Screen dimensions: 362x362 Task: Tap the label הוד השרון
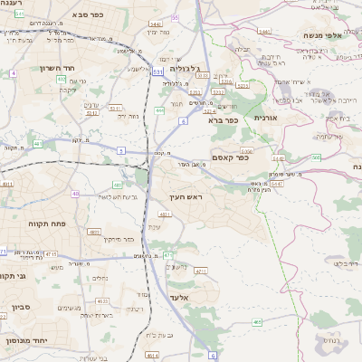[x=50, y=68]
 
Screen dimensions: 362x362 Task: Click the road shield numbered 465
[x=258, y=321]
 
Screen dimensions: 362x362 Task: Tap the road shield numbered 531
[x=158, y=70]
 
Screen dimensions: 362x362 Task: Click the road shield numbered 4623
[x=102, y=300]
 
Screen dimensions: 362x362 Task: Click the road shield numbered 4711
[x=200, y=271]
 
